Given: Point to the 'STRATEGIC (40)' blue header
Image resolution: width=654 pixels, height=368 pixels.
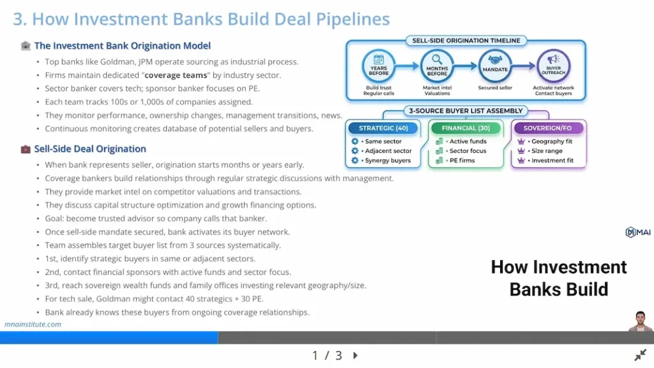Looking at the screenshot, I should click(x=383, y=128).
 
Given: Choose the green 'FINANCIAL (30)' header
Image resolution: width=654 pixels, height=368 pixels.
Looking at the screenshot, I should click(x=466, y=128).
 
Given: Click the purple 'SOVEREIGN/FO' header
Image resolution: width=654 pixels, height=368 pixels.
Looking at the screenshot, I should click(x=549, y=128).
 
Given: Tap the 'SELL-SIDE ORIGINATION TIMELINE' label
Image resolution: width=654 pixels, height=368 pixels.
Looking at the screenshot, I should click(x=466, y=41).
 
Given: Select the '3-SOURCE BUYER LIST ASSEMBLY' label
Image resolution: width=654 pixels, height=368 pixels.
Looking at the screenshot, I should click(x=466, y=111).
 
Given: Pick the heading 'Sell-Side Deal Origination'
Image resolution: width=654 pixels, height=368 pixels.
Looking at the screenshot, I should click(x=90, y=149).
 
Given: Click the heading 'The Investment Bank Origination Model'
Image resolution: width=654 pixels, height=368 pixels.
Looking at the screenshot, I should click(x=122, y=46).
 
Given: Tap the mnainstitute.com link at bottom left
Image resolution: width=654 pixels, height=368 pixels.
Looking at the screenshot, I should click(x=33, y=324).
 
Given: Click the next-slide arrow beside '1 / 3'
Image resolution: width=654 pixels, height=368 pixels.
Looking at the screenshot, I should click(x=356, y=355).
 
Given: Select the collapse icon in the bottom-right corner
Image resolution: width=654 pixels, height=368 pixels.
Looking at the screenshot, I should click(x=640, y=355).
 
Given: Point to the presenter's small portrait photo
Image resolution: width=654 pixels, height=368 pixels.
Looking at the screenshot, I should click(x=640, y=321).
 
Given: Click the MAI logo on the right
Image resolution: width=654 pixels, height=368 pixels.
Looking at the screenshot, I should click(x=638, y=233).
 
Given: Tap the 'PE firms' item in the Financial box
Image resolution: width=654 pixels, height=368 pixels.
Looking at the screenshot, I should click(x=462, y=160).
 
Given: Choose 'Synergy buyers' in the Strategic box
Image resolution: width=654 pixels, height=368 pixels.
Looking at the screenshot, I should click(x=388, y=160).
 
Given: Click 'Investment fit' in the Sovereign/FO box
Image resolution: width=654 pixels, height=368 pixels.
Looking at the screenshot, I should click(x=552, y=160).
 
